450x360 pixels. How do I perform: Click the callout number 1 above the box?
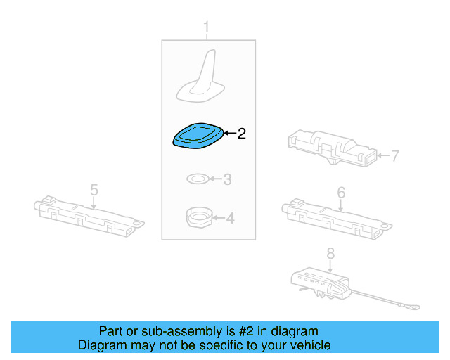[x=206, y=27]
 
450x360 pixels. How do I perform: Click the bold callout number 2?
[x=242, y=134]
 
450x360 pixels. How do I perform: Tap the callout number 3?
[x=227, y=179]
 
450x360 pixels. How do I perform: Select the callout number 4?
[x=230, y=219]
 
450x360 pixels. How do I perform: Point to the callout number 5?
[x=94, y=190]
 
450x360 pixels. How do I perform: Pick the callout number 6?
[x=341, y=193]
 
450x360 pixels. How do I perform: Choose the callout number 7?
[x=395, y=156]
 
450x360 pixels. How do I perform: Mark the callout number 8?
[x=330, y=254]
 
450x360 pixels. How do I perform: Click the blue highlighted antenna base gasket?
[x=198, y=136]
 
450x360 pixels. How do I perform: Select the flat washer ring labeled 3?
[x=198, y=179]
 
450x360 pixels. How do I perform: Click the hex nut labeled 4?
[x=200, y=217]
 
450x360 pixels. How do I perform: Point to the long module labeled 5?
[x=89, y=217]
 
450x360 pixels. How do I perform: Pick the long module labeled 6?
[x=336, y=219]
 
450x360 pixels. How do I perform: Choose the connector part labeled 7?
[x=333, y=148]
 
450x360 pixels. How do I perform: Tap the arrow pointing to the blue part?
[x=230, y=133]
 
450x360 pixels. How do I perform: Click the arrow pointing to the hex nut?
[x=219, y=218]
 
